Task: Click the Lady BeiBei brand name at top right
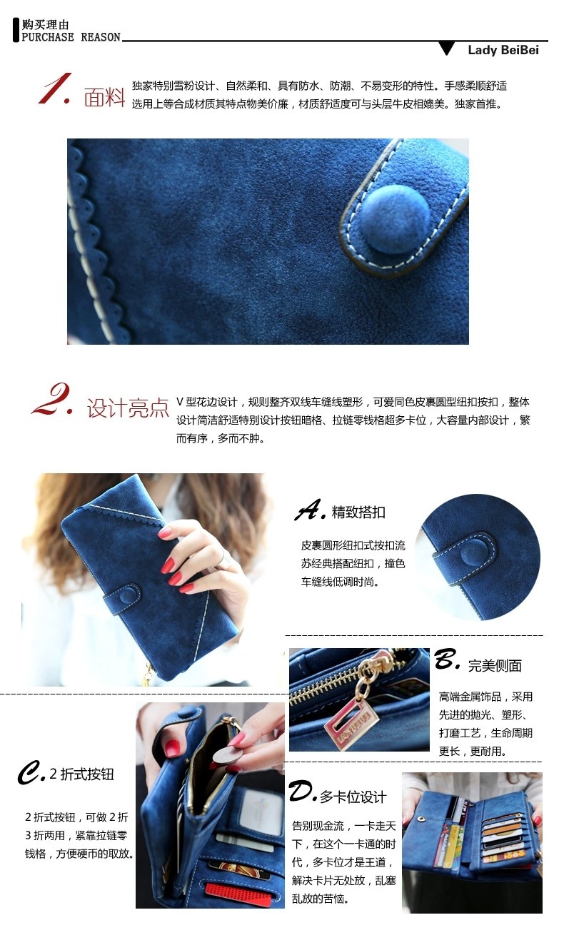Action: tap(503, 50)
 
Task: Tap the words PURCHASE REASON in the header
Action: tap(71, 37)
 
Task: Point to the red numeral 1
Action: tap(55, 89)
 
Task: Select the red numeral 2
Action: tap(52, 399)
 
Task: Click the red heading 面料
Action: tap(104, 98)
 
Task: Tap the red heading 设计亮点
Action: tap(128, 408)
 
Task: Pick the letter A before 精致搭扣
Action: tap(310, 510)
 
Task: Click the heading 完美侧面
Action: tap(495, 665)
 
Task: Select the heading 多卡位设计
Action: tap(353, 797)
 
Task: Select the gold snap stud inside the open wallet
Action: tap(421, 819)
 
